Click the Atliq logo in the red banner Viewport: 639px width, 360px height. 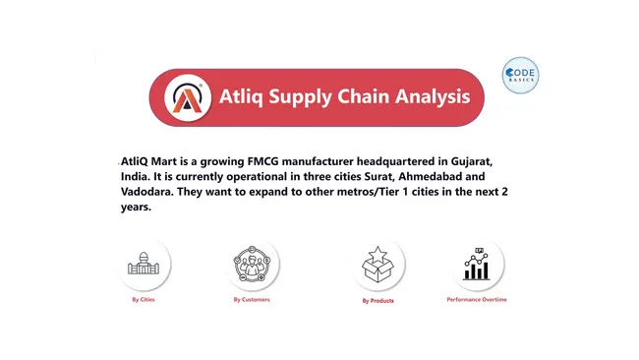[x=187, y=96]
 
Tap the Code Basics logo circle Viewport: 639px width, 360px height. [x=520, y=77]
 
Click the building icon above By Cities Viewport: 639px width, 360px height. [x=144, y=264]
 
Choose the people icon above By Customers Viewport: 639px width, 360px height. [x=252, y=264]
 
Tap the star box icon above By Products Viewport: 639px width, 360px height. [x=378, y=264]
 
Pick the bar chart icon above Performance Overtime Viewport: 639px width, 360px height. [x=477, y=264]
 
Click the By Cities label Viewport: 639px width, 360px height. [x=144, y=299]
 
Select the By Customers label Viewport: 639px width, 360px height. [x=252, y=299]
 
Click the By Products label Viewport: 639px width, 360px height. [x=378, y=300]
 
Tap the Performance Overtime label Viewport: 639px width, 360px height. [x=477, y=299]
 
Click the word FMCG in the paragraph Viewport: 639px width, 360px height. [x=281, y=160]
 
